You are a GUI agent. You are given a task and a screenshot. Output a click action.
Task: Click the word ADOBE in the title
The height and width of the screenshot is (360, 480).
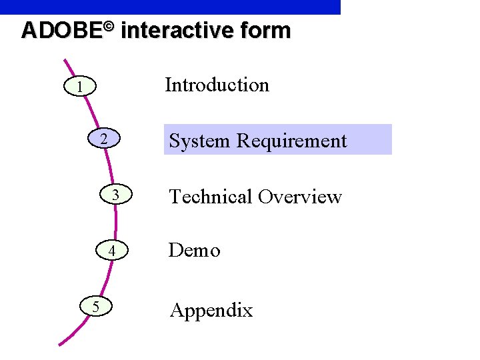[x=60, y=31]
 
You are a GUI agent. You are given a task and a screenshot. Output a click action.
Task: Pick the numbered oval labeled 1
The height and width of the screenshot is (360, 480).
[x=80, y=87]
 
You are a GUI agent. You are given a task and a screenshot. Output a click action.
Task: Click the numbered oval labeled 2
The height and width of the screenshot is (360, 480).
[x=104, y=140]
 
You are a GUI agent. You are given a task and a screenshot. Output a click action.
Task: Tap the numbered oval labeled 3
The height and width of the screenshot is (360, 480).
[x=115, y=195]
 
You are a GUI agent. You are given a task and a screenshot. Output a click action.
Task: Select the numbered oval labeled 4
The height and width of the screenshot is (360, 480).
[x=113, y=251]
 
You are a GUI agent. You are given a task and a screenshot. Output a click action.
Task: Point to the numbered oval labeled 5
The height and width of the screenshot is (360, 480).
[x=97, y=307]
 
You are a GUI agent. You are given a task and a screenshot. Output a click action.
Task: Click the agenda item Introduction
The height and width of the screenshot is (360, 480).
[x=217, y=85]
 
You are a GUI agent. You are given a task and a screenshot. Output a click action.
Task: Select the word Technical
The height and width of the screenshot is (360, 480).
[x=210, y=197]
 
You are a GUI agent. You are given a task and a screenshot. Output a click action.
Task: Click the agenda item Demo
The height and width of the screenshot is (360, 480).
[x=194, y=251]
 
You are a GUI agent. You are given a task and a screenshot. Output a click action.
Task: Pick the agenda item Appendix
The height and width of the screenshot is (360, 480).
[x=211, y=311]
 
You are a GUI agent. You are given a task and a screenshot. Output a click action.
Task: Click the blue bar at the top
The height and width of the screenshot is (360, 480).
[x=170, y=7]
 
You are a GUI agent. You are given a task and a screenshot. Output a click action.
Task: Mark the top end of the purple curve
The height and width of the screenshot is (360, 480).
[x=64, y=61]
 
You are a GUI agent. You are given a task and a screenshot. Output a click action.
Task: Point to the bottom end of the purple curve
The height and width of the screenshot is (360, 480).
[x=60, y=344]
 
